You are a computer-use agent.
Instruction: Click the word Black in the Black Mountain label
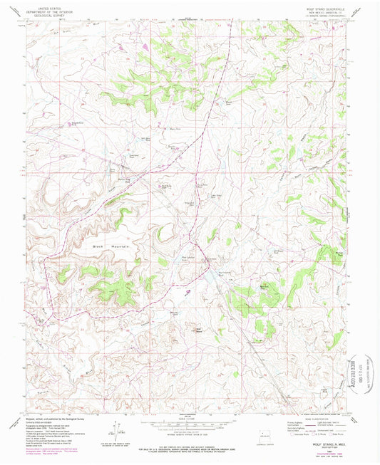click(x=100, y=246)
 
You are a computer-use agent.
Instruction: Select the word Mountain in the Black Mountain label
click(x=121, y=246)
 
